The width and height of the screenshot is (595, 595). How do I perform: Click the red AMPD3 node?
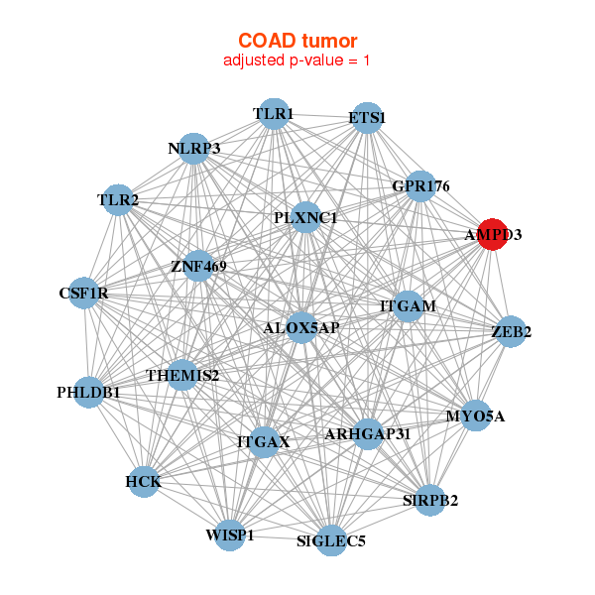click(x=493, y=235)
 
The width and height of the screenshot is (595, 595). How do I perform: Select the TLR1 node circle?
click(x=273, y=114)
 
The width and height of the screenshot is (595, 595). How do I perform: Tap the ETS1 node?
click(x=367, y=118)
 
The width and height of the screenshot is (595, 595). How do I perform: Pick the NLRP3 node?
click(x=194, y=149)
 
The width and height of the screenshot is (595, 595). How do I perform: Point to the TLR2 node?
click(x=118, y=200)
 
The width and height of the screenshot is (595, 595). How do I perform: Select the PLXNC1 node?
click(x=305, y=217)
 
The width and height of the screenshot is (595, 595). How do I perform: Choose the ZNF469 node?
click(x=198, y=266)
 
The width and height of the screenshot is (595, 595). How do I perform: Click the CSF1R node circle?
click(x=84, y=294)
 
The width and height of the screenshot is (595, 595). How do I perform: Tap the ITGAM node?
click(x=408, y=305)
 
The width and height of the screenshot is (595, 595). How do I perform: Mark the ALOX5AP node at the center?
click(x=301, y=327)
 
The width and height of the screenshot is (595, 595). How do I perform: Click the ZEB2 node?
click(x=511, y=332)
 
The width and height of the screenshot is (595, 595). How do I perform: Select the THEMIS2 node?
click(x=182, y=375)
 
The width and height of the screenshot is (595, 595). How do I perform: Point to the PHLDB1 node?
click(x=88, y=393)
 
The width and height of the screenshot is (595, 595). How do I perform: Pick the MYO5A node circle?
click(x=475, y=416)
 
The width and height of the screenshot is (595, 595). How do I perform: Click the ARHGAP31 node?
click(x=368, y=433)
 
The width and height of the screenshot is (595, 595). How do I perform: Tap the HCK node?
click(x=143, y=482)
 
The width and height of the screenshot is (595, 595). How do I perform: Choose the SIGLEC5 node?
click(x=331, y=540)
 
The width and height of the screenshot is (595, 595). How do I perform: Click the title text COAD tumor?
click(x=297, y=41)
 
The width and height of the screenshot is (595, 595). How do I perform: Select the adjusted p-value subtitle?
click(x=297, y=60)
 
